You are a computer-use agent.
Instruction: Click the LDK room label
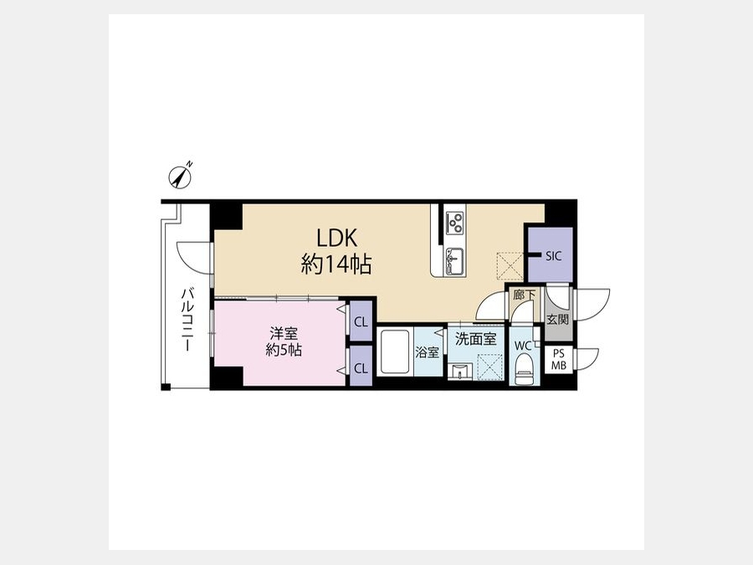(336, 239)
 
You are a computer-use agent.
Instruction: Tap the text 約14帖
(336, 264)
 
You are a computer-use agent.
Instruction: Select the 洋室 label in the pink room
(284, 333)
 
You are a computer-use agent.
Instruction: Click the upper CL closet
(361, 321)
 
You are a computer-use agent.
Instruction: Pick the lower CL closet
(361, 367)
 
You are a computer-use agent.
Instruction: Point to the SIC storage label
(553, 256)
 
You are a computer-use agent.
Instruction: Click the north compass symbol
(180, 177)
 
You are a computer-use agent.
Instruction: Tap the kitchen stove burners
(455, 223)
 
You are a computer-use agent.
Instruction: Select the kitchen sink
(453, 260)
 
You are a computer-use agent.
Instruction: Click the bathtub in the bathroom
(395, 352)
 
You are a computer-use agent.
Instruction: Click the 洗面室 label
(476, 339)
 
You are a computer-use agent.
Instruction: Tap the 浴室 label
(427, 352)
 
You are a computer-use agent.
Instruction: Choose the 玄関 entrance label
(558, 319)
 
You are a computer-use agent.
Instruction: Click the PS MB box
(559, 359)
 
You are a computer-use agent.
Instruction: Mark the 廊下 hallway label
(524, 295)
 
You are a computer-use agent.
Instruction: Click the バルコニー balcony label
(187, 320)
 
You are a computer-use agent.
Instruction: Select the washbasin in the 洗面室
(460, 372)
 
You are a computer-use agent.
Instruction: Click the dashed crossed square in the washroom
(489, 367)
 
